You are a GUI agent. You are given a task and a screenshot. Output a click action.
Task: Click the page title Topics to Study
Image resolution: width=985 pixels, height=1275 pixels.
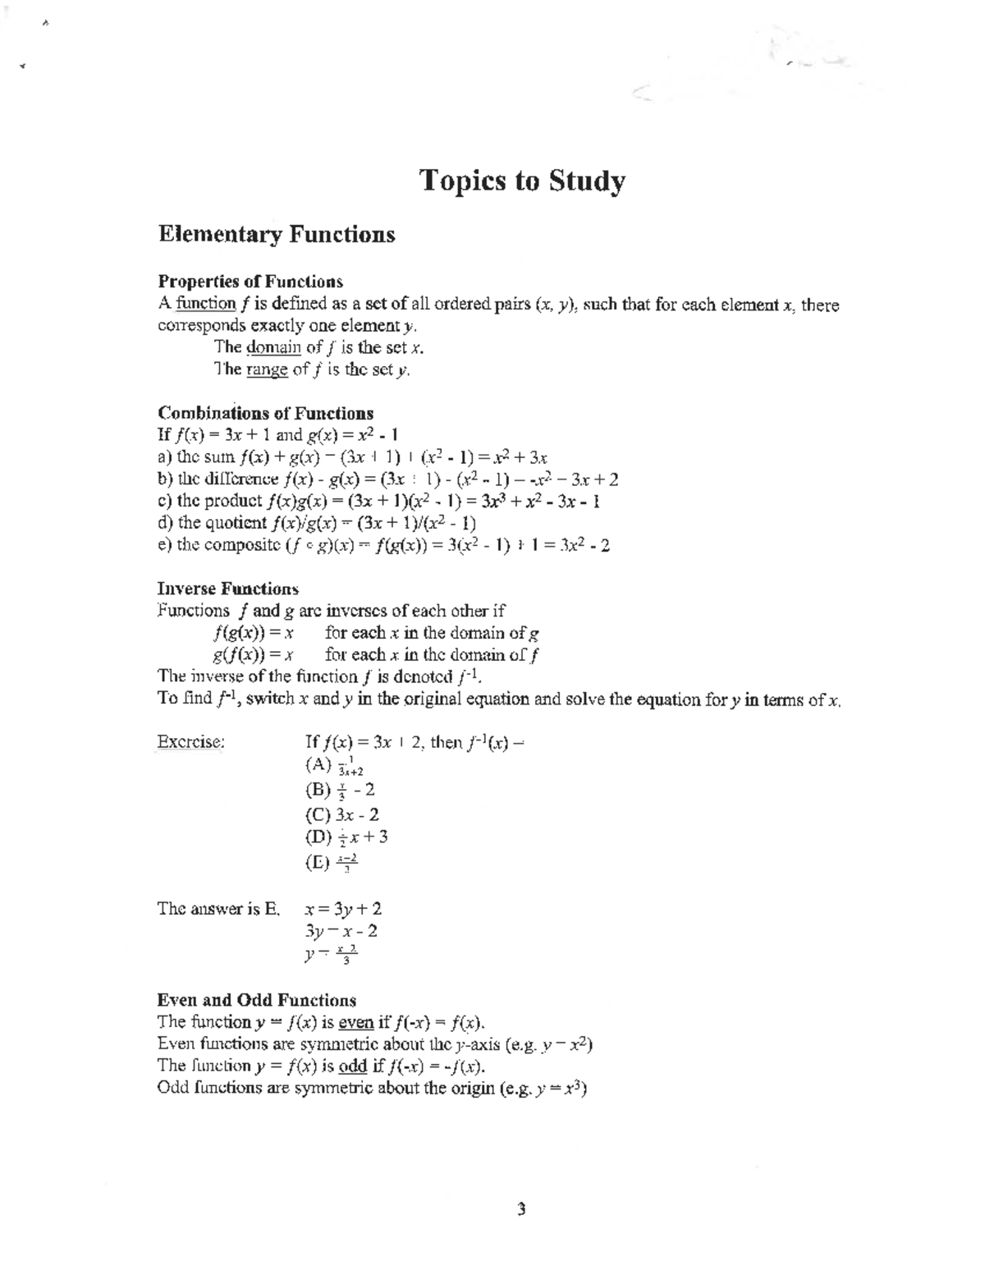tap(522, 181)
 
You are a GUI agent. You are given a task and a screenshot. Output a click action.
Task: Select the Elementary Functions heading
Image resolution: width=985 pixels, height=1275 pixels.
tap(276, 235)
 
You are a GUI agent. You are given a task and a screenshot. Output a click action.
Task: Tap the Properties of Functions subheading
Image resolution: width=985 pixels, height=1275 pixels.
tap(250, 282)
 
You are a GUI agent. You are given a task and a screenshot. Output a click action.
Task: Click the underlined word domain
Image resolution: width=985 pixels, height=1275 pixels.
tap(268, 347)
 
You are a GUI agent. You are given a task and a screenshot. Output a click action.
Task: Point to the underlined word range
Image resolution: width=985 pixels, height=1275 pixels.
tap(267, 369)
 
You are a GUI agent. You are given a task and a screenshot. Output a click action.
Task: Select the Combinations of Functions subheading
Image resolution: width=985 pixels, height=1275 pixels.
tap(265, 413)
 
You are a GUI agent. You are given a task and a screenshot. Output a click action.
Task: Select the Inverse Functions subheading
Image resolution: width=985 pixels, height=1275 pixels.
tap(227, 589)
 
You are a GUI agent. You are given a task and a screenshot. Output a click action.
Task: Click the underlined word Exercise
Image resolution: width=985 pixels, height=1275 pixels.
tap(190, 742)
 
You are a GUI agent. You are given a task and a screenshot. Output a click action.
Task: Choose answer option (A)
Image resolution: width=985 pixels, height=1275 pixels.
tap(333, 766)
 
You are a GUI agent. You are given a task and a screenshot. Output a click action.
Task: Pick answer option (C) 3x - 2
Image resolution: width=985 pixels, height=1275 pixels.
tap(341, 814)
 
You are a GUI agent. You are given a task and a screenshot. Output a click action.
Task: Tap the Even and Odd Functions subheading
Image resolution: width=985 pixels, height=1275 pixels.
tap(256, 1000)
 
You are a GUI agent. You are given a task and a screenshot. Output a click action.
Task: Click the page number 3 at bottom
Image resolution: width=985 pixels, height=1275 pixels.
tap(521, 1209)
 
